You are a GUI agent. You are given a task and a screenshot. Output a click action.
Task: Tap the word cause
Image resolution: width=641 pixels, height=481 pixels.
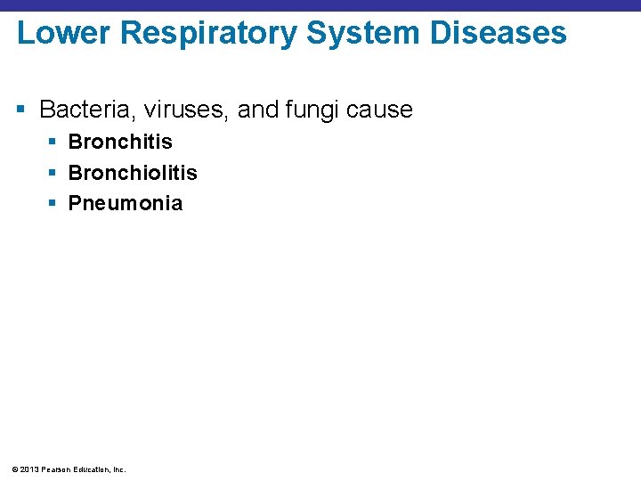(380, 110)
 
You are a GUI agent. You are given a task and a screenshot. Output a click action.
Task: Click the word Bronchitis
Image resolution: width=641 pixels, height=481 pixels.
(120, 142)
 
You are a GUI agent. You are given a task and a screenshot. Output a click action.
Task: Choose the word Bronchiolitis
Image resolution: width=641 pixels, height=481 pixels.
(133, 172)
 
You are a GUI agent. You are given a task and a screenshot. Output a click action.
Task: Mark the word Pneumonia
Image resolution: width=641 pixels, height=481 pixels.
(126, 203)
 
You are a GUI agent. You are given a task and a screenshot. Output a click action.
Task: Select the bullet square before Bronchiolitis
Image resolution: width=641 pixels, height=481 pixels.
(53, 173)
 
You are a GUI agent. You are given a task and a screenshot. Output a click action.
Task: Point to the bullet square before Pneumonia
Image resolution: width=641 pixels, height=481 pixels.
(53, 204)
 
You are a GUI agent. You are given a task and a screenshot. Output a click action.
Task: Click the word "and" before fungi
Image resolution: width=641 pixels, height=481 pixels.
(258, 110)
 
